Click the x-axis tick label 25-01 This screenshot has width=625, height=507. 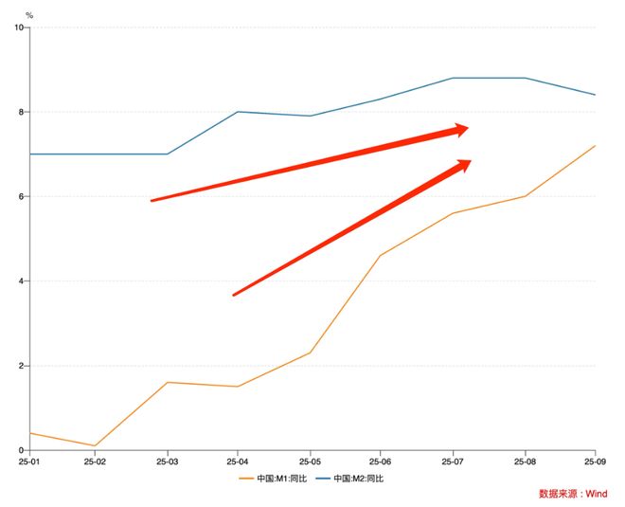coord(29,462)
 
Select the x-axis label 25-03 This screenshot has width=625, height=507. coord(168,462)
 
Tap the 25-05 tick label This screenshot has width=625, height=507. coord(310,462)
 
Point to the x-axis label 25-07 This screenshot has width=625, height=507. coord(452,462)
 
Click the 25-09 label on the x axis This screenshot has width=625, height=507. coord(594,462)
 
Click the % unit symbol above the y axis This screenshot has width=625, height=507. coord(29,15)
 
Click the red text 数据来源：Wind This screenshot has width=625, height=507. coord(573,494)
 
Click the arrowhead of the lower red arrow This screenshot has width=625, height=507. coord(462,166)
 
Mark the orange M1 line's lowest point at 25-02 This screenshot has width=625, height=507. coord(95,445)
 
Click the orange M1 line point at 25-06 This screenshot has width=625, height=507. coord(381,255)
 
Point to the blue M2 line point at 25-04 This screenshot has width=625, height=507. coord(238,112)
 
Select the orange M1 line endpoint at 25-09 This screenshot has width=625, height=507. coord(595,146)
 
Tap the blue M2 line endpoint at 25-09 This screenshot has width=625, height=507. coord(595,95)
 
